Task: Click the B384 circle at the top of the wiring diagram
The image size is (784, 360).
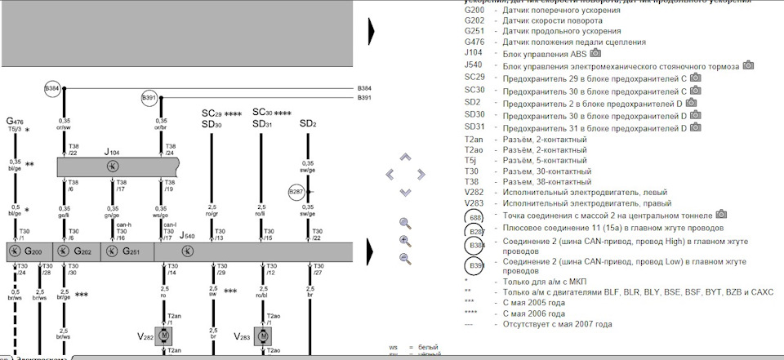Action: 52,87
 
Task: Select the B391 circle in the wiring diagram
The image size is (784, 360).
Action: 149,98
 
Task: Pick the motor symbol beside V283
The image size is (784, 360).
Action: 263,336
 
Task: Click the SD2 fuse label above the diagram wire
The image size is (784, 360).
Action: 307,123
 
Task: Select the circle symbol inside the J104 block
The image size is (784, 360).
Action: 113,167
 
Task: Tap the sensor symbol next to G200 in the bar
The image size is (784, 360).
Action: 16,251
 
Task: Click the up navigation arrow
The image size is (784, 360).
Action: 405,157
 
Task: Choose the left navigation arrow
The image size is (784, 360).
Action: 390,174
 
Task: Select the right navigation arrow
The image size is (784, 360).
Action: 421,174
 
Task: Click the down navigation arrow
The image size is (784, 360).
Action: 405,192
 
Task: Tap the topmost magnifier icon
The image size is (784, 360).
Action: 405,223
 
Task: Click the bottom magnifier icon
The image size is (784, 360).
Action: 405,259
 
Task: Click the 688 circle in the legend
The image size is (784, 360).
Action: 474,218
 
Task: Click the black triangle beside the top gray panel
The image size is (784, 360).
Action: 371,31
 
